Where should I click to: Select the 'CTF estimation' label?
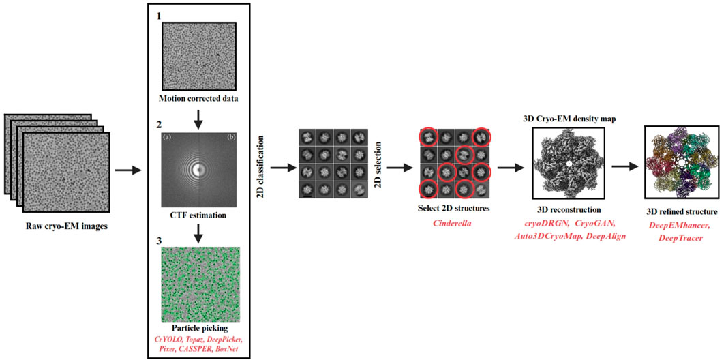pyautogui.click(x=199, y=215)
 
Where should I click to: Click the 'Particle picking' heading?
pyautogui.click(x=199, y=327)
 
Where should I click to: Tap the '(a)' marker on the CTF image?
pyautogui.click(x=168, y=138)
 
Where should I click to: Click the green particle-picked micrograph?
pyautogui.click(x=199, y=283)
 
